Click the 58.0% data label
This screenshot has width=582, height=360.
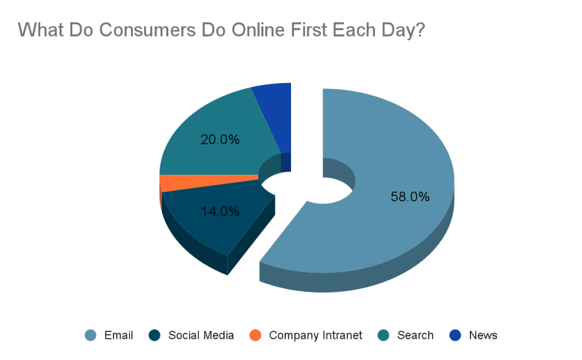(x=410, y=197)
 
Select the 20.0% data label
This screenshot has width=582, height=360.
(x=220, y=140)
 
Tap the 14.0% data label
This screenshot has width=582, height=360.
(x=220, y=212)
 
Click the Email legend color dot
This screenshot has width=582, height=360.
(x=90, y=335)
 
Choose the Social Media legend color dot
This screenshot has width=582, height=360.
(x=155, y=335)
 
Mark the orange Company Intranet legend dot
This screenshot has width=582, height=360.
(x=255, y=335)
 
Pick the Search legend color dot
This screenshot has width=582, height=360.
(x=384, y=335)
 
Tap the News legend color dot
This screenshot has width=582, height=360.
(x=455, y=335)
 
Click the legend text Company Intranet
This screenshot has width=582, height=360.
(x=315, y=336)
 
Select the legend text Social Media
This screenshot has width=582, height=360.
(x=201, y=335)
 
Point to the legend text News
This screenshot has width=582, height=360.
(x=483, y=335)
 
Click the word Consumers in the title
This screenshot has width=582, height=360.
(x=147, y=30)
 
